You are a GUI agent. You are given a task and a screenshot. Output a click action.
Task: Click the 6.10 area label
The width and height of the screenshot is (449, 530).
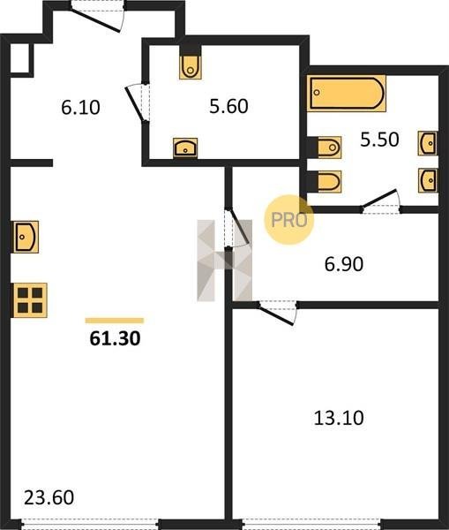pos(80,108)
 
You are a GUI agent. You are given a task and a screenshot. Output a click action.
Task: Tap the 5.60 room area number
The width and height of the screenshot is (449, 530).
pos(228,106)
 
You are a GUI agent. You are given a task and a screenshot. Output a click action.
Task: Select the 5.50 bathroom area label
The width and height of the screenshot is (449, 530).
pos(379,140)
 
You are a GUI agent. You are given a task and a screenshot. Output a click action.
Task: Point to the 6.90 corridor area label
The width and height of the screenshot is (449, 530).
pos(344,264)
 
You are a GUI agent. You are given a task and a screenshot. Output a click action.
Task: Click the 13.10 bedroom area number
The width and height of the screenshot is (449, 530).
pos(339,418)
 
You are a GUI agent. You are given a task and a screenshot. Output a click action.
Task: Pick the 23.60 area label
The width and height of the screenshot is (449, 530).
pos(49,498)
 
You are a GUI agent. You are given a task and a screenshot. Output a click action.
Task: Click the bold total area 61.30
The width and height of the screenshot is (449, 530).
pos(115,338)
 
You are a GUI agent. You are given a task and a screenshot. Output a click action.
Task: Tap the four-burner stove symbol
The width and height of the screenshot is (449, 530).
pos(30,300)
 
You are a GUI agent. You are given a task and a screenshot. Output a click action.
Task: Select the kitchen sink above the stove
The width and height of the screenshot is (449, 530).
pos(26,237)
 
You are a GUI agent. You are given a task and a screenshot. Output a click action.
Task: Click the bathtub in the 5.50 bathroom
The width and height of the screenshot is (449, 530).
pos(347,94)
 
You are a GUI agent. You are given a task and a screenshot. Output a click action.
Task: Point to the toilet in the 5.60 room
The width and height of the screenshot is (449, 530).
pos(191,67)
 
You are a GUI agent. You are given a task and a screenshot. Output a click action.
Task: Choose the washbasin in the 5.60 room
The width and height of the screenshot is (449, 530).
pos(185,148)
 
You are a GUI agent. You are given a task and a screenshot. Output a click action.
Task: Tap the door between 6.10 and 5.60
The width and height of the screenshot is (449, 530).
pos(138,102)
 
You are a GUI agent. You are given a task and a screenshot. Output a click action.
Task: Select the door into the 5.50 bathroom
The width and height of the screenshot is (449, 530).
pos(381,201)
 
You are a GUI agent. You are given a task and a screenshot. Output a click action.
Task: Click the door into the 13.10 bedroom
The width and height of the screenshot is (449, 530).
pos(278,313)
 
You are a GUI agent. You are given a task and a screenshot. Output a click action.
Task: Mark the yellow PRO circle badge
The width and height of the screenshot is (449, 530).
pos(289,220)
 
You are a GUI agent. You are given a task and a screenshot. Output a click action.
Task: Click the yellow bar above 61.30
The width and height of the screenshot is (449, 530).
pos(115,321)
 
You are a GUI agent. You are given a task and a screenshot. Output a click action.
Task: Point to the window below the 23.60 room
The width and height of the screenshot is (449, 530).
pos(91,525)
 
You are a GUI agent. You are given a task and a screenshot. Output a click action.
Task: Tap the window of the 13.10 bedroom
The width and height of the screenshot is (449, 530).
pos(311,525)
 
